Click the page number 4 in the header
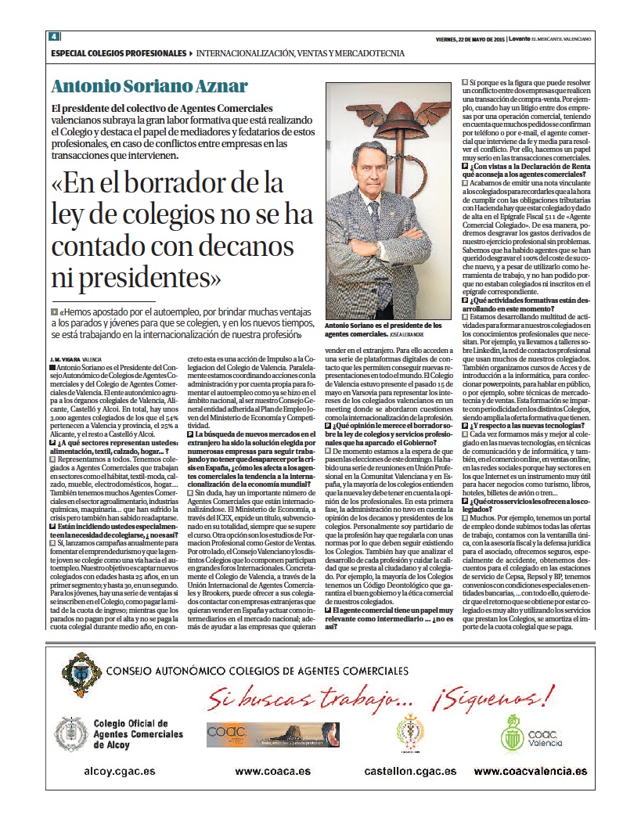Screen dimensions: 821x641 point(54,37)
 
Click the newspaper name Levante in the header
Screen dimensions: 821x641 point(520,38)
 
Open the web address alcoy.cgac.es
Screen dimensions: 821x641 point(118,771)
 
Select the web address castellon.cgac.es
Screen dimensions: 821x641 point(410,771)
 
